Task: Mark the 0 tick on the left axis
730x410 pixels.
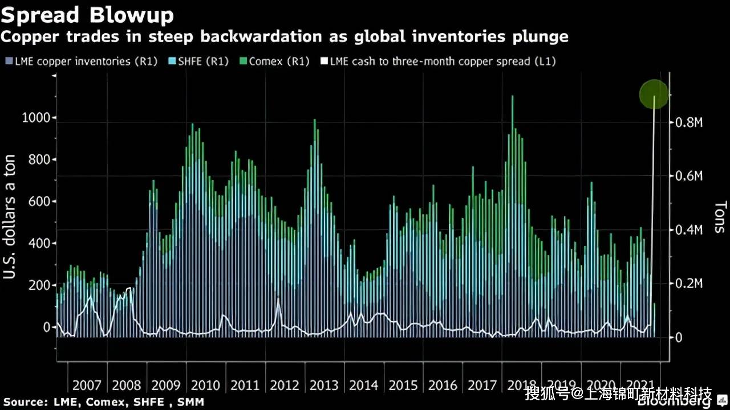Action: click(x=47, y=327)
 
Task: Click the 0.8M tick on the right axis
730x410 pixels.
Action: click(x=689, y=122)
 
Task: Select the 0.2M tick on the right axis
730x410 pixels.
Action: click(x=689, y=284)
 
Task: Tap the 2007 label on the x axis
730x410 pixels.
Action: click(x=86, y=386)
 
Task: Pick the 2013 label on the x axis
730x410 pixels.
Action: click(x=324, y=386)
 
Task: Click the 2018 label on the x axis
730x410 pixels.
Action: click(x=522, y=386)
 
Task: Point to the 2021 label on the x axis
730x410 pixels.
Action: click(x=640, y=386)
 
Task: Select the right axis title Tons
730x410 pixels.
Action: click(x=720, y=216)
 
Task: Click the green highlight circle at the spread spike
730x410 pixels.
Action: click(x=654, y=95)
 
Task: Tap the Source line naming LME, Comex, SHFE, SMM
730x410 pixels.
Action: click(x=103, y=402)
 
